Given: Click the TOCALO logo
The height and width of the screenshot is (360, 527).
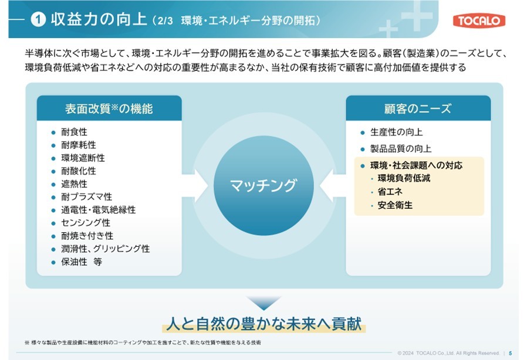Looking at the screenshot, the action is tap(479, 21).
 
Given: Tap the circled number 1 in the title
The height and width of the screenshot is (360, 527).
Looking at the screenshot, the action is tap(38, 19).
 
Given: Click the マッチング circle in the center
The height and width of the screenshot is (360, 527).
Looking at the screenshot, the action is tap(264, 185).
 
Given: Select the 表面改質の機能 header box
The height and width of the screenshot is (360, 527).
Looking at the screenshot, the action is tap(109, 108).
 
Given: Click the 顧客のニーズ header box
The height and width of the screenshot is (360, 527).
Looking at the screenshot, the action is tap(418, 108).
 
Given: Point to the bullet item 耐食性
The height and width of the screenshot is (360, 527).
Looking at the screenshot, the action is tap(74, 132).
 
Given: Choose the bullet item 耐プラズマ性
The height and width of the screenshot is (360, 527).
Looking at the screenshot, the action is tap(86, 197).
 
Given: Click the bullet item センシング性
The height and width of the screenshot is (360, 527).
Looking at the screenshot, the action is tap(85, 223).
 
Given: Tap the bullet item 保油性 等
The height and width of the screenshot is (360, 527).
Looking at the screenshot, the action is tap(82, 261).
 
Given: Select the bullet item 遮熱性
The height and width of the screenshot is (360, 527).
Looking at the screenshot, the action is tap(74, 184).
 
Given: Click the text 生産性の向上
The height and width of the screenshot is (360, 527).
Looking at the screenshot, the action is tap(396, 132).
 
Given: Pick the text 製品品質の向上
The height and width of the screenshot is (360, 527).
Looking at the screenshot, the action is tap(401, 148).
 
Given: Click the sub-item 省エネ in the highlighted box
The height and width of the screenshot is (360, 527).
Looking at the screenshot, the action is tap(390, 191).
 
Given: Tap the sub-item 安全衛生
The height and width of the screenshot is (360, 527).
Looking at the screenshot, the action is tap(395, 205).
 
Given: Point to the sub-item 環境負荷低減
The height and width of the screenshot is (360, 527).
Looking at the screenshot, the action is tap(404, 178).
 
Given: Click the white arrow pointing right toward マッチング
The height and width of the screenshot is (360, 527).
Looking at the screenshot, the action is tap(195, 185).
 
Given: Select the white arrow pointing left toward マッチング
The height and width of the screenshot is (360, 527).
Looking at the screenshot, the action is tap(333, 185).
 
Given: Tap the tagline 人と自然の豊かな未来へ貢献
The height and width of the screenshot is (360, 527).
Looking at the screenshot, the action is tap(264, 324).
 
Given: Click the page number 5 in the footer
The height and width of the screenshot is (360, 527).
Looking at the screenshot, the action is tap(510, 353).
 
